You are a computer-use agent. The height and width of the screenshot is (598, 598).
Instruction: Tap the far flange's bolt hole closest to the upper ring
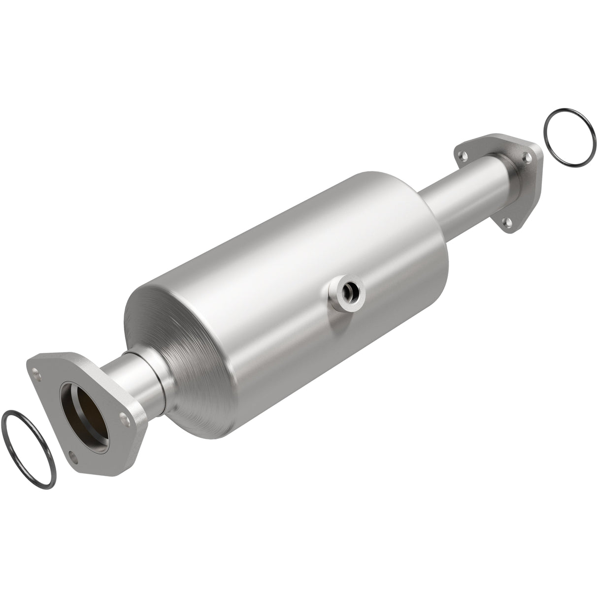[x=527, y=158]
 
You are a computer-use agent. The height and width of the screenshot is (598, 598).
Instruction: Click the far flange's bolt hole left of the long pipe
[x=463, y=156]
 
